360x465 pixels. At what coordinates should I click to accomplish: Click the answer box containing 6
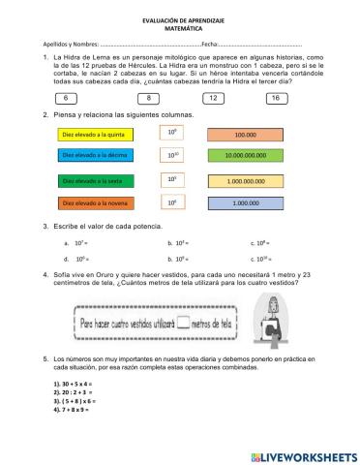click(67, 99)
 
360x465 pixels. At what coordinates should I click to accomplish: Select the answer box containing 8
click(149, 99)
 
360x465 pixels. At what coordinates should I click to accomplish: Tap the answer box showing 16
click(276, 99)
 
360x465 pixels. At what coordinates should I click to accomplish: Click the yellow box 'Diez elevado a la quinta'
click(95, 136)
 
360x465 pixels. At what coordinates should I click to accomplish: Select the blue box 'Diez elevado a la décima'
click(95, 155)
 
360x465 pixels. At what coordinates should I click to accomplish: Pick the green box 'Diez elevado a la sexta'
click(95, 180)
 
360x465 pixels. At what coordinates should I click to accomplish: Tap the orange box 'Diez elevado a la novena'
click(95, 203)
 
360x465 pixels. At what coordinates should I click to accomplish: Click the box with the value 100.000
click(245, 136)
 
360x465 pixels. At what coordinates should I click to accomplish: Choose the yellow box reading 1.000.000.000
click(245, 181)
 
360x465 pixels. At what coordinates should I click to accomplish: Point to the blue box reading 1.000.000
click(245, 203)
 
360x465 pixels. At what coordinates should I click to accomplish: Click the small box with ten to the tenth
click(172, 155)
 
